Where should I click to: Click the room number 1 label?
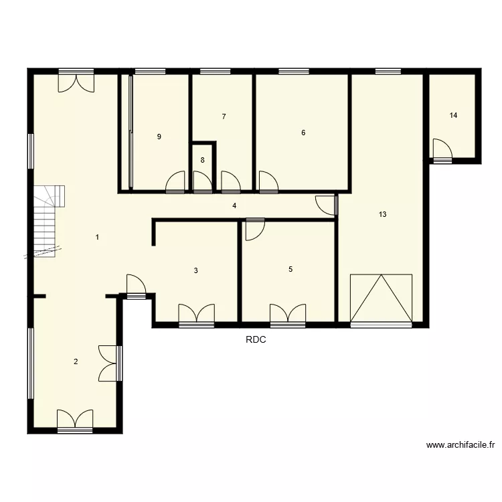98,237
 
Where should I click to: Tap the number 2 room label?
76,361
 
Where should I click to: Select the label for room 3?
195,271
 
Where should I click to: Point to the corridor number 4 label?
234,205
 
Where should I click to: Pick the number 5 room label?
290,270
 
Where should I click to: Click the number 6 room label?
303,133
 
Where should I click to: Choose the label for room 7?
224,116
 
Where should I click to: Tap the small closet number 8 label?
202,161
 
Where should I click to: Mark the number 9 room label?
159,137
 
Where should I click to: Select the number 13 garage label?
382,215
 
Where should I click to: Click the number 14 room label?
453,116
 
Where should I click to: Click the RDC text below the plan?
256,340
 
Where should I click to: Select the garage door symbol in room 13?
382,299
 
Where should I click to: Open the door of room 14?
442,150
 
